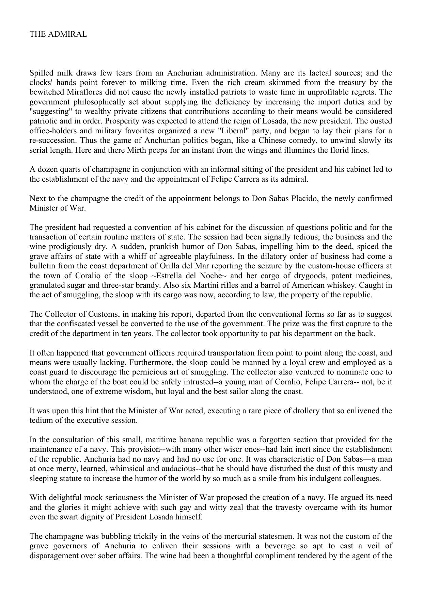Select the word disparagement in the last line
click(x=53, y=555)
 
